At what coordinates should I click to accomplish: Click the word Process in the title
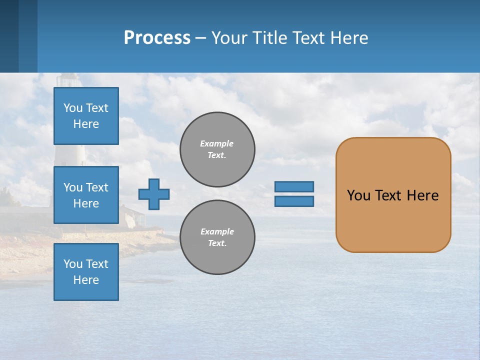pos(157,38)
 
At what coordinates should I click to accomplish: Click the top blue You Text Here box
pos(86,116)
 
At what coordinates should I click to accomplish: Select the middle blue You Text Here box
pos(86,195)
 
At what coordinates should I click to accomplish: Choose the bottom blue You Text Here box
pos(86,272)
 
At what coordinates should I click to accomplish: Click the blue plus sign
pos(154,194)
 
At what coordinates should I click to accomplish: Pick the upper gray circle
pos(217,149)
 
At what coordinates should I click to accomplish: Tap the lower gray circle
pos(217,237)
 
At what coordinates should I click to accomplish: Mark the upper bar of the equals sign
pos(294,187)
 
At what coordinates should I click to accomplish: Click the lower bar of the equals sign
pos(294,201)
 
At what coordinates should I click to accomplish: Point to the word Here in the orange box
pos(422,195)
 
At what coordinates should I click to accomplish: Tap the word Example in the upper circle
pos(217,143)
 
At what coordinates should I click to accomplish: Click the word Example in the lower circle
pos(217,231)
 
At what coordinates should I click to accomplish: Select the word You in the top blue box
pos(73,108)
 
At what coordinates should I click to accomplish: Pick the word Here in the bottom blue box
pos(86,280)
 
